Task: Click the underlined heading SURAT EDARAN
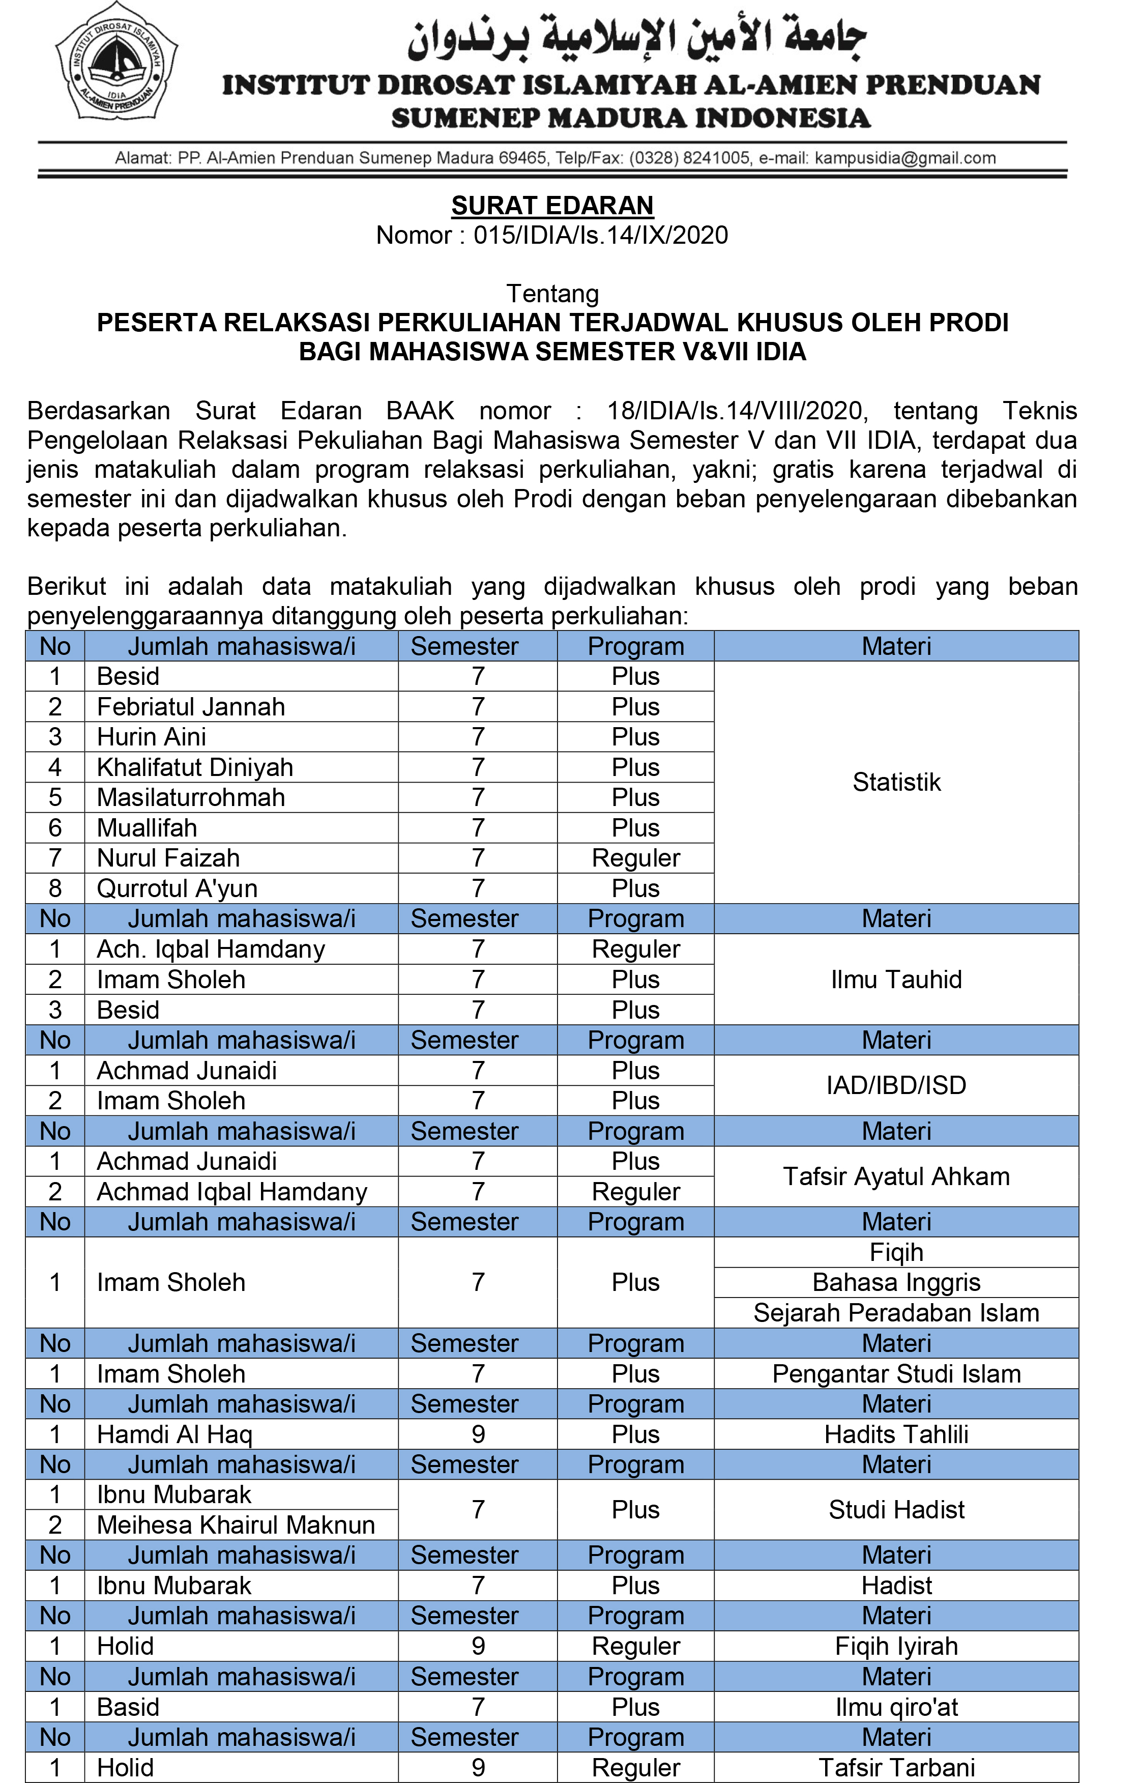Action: pos(552,205)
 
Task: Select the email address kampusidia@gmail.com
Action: pos(904,158)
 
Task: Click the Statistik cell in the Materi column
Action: pos(896,782)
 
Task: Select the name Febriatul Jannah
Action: pos(191,706)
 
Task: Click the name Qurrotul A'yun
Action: pos(178,888)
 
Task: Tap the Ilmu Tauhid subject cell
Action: pos(896,979)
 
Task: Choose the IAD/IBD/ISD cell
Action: pos(896,1085)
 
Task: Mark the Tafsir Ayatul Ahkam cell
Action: pos(896,1176)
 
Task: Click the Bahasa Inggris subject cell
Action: pos(896,1282)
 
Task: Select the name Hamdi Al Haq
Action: pos(174,1434)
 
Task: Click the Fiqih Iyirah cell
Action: pos(896,1646)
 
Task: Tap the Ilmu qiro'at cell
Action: pos(896,1707)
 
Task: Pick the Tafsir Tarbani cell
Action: pos(896,1767)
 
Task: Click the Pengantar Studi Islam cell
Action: pos(896,1373)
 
